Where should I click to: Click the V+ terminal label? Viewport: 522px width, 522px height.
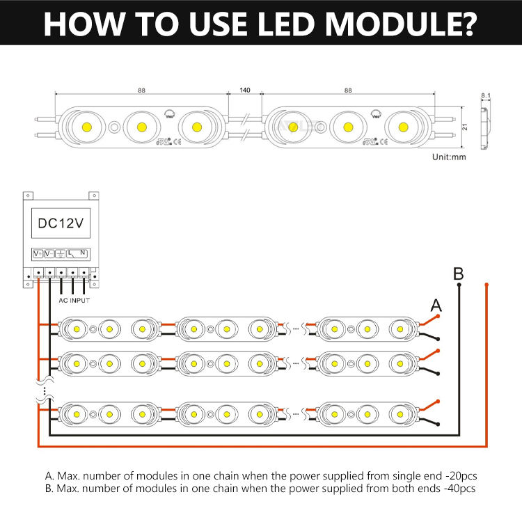click(x=38, y=253)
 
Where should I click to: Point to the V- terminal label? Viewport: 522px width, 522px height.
click(x=49, y=253)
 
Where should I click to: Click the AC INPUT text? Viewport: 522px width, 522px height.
click(x=72, y=299)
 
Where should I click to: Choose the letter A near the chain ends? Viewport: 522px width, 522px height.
click(x=436, y=304)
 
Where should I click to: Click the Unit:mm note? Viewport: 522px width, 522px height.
click(x=448, y=157)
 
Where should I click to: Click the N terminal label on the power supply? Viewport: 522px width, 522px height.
click(x=83, y=253)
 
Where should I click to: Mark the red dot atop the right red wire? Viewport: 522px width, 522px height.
click(x=487, y=284)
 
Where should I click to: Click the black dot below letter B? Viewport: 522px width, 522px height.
click(x=458, y=284)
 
